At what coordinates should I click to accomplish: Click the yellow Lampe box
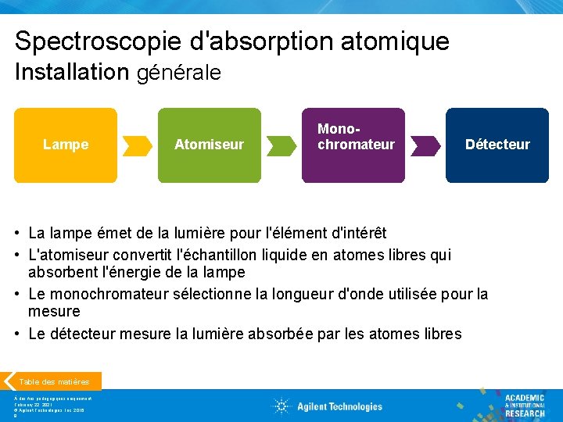click(x=66, y=145)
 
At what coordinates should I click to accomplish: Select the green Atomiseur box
click(x=209, y=145)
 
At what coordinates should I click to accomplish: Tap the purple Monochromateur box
click(x=353, y=145)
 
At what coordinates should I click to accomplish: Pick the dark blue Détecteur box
click(x=497, y=145)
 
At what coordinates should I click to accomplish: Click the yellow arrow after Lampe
click(x=138, y=145)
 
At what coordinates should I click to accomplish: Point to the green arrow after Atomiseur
click(x=281, y=145)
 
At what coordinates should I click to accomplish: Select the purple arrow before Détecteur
click(x=425, y=145)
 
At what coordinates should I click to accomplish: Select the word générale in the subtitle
click(x=179, y=73)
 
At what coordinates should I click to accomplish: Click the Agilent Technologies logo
click(x=328, y=406)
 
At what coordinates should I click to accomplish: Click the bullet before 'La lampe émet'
click(x=17, y=234)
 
